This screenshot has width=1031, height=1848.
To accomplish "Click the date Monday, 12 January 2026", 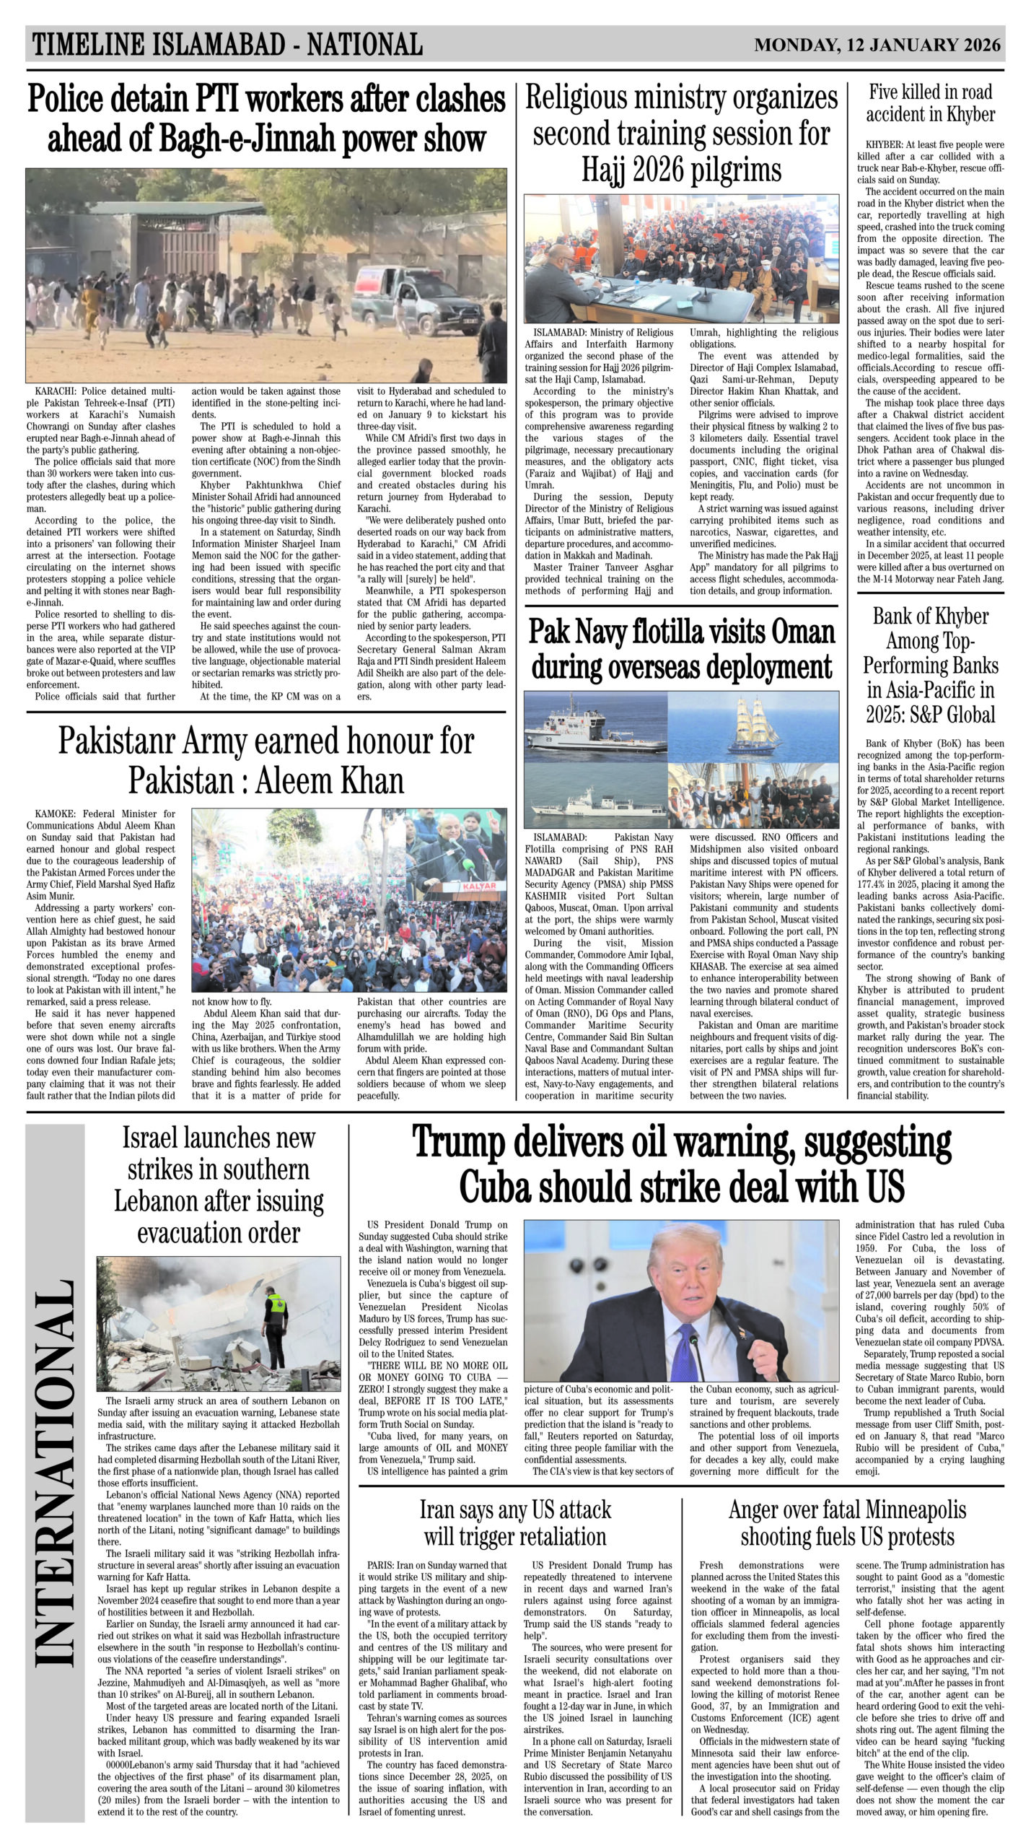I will pyautogui.click(x=877, y=45).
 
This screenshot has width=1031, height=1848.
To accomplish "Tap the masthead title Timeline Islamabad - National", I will pyautogui.click(x=227, y=45).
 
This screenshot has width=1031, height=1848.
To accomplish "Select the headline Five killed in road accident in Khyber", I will pyautogui.click(x=930, y=103).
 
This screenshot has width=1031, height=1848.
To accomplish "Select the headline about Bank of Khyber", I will pyautogui.click(x=930, y=665).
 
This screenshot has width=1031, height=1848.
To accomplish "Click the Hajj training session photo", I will pyautogui.click(x=681, y=258).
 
